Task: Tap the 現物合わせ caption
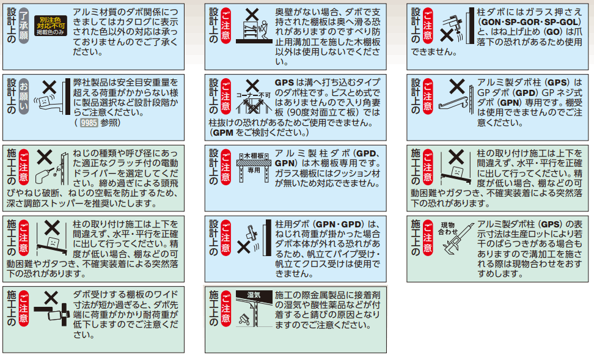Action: (x=448, y=228)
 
